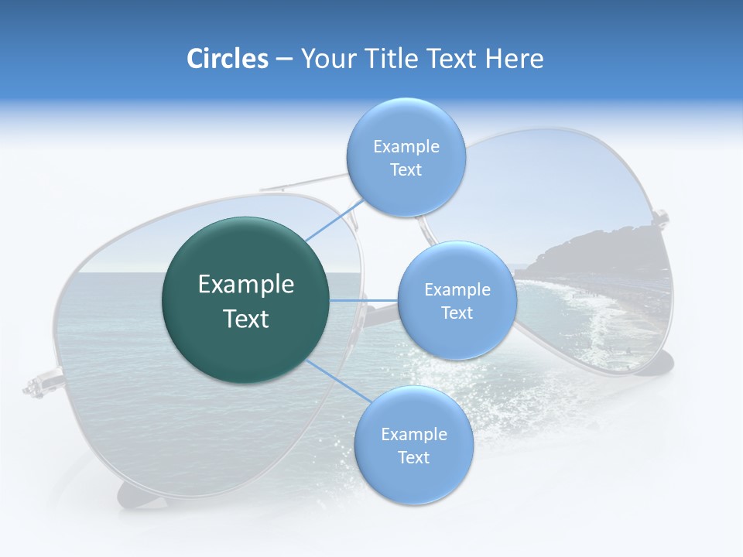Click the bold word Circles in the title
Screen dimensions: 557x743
coord(227,59)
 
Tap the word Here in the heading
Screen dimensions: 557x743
coord(514,59)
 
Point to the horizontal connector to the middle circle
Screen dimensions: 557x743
coord(364,300)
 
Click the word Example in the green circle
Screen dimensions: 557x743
coord(246,285)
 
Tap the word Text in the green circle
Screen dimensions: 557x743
coord(246,319)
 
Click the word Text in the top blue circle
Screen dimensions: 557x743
coord(406,170)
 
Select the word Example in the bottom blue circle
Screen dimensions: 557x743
coord(413,434)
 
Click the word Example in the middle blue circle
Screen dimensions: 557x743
coord(457,289)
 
